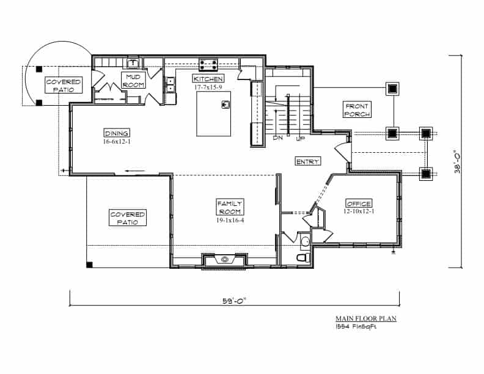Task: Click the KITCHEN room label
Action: coord(208,79)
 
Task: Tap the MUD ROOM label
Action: coord(133,81)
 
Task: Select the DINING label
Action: coord(117,133)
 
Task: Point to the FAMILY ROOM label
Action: coord(230,207)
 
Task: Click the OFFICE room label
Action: coord(359,204)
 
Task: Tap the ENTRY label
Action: coord(308,161)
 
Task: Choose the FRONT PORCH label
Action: coord(357,110)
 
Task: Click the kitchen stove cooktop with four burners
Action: coord(208,65)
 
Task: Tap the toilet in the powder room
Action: coord(304,257)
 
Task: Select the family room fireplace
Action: coord(224,260)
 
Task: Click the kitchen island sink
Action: coord(226,105)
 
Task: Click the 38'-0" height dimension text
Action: coord(457,161)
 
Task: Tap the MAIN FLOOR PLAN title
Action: coord(366,318)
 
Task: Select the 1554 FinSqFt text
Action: coord(356,327)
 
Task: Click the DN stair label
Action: coord(278,138)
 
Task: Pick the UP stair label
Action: coord(300,139)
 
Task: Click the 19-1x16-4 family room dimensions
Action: coord(230,220)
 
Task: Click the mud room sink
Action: coord(133,64)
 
